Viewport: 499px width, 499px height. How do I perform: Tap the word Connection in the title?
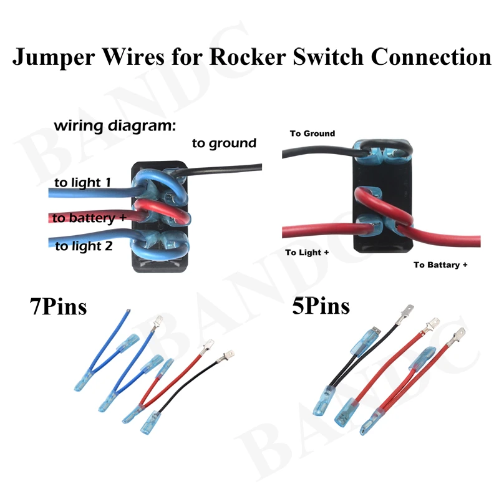[431, 57]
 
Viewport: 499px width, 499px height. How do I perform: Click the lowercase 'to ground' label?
[224, 143]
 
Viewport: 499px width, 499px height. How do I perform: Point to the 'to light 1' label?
[82, 183]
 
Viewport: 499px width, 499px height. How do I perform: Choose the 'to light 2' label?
[84, 246]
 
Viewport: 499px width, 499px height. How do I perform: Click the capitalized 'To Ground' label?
[312, 133]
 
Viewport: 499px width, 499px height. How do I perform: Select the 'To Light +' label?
[307, 253]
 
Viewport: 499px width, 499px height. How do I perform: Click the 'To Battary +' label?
[440, 265]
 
